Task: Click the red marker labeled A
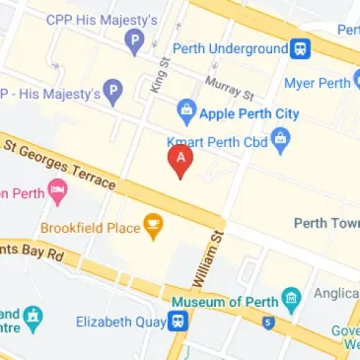click(x=180, y=160)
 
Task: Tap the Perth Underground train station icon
click(x=299, y=48)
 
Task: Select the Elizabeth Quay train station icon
click(x=177, y=321)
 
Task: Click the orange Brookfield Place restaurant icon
click(x=152, y=228)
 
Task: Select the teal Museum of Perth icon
click(x=290, y=298)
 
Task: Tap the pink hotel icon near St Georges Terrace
click(x=57, y=193)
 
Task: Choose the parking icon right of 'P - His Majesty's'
click(x=113, y=95)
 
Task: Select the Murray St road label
click(x=229, y=87)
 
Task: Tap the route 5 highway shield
click(x=267, y=322)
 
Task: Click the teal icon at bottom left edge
click(x=35, y=318)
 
